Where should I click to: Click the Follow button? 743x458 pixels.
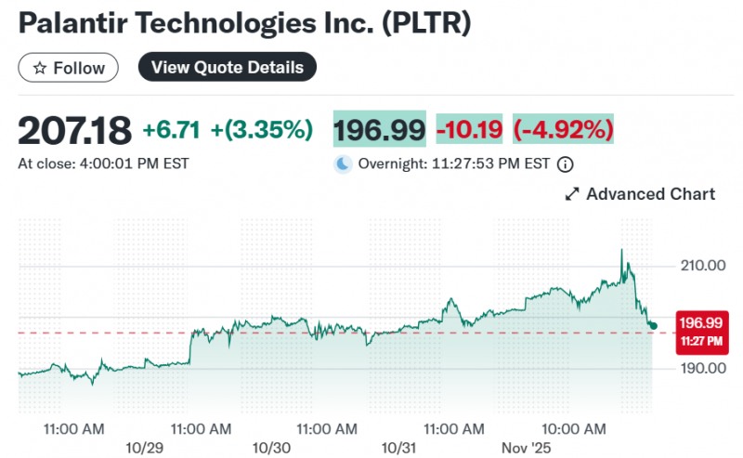coord(68,68)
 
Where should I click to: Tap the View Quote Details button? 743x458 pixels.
coord(228,68)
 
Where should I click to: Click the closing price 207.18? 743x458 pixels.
coord(75,131)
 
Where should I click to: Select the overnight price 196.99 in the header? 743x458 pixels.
coord(379,130)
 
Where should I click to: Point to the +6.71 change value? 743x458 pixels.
coord(173,131)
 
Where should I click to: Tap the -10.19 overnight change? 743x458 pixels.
coord(468,130)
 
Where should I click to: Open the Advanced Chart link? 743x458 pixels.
coord(640,194)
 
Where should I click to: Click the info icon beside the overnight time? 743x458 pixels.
coord(565,164)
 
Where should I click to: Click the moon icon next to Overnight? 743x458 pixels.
coord(344,164)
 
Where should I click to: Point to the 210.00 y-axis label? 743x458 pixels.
coord(702,266)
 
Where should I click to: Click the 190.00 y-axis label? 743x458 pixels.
coord(702,369)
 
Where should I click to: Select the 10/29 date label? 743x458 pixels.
coord(144,447)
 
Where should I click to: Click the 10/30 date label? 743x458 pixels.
coord(270,447)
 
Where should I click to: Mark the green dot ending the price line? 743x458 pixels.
coord(654,325)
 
